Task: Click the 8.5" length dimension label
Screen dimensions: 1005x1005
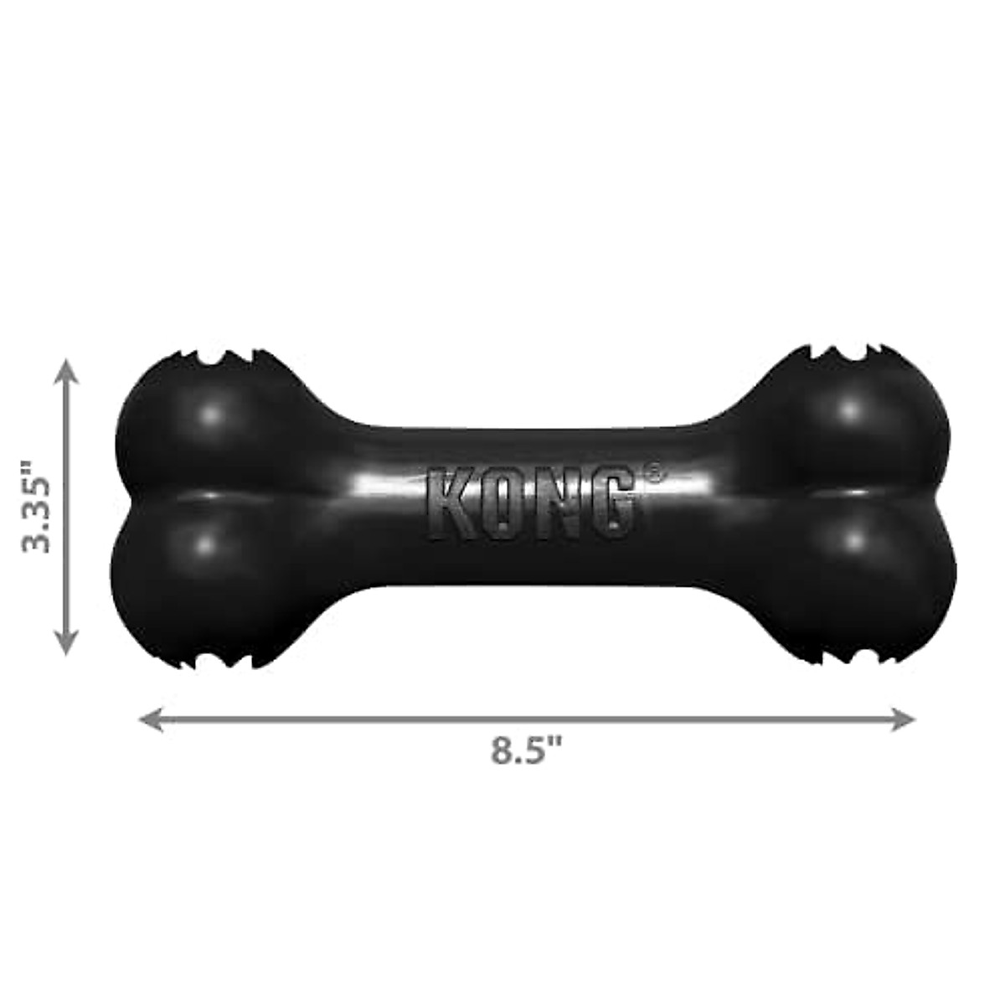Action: pos(526,750)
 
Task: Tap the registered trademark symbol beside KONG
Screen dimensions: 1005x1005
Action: pos(652,475)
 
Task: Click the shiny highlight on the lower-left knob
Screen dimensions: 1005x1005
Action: pos(204,544)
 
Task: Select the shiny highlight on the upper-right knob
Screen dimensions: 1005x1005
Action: pos(849,410)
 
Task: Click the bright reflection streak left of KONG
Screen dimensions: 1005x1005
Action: pos(385,486)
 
